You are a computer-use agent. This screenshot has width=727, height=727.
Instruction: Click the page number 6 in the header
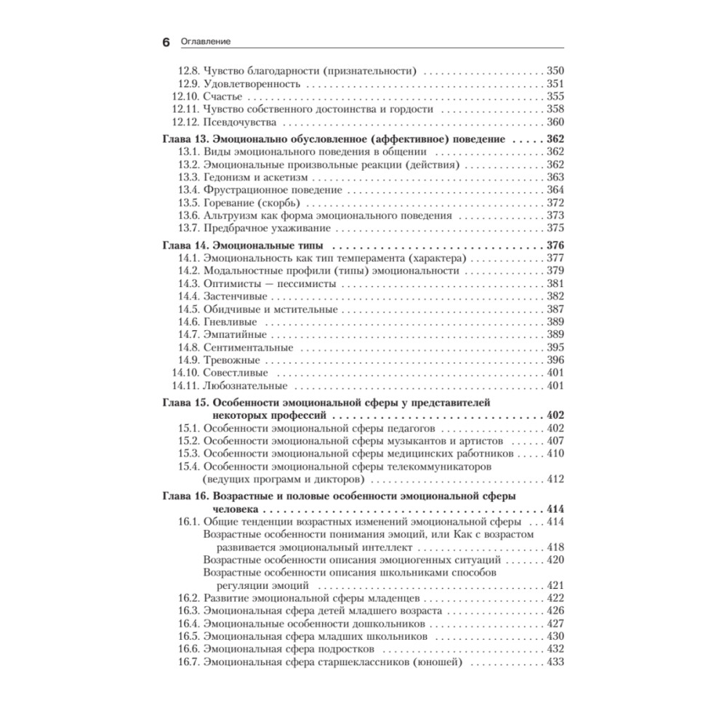(x=165, y=42)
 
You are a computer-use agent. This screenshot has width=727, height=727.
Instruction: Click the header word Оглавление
(x=206, y=42)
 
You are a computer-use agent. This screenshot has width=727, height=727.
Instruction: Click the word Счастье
(x=222, y=97)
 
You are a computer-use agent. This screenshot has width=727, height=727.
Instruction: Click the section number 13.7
(x=188, y=228)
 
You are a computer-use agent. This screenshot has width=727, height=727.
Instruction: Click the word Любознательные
(x=246, y=385)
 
